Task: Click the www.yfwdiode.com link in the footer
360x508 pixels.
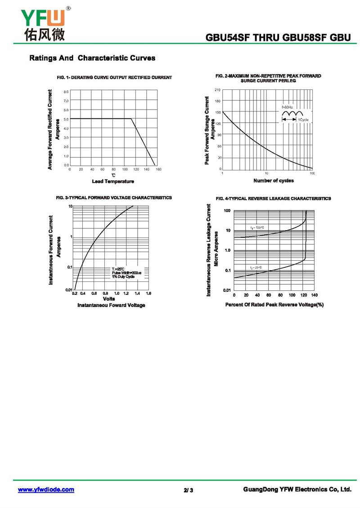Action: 45,490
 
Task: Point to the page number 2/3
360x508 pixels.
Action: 188,490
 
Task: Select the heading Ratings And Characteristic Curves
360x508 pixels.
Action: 92,58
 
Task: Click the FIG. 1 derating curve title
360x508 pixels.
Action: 114,77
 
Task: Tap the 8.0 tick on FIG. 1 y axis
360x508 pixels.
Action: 66,91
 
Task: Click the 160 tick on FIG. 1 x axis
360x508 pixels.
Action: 159,169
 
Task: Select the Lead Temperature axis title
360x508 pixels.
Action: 113,181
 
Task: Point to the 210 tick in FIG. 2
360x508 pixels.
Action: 218,90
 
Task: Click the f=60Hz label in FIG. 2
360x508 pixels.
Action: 288,107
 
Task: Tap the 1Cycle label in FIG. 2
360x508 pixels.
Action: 303,120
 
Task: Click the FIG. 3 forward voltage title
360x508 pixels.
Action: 114,197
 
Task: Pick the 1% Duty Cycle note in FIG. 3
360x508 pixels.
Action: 123,276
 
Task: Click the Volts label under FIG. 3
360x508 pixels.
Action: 109,299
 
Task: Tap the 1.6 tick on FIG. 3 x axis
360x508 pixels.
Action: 148,293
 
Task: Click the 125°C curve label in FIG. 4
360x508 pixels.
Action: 257,227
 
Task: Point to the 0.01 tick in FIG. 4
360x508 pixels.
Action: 227,290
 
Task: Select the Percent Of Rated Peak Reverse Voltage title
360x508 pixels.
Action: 274,304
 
